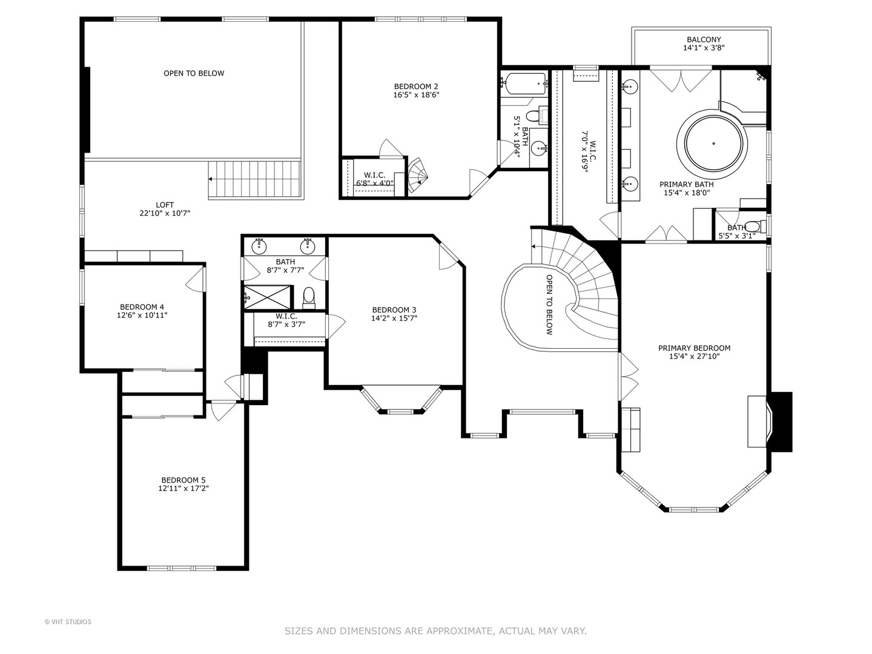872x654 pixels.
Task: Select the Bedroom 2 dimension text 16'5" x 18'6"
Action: point(416,95)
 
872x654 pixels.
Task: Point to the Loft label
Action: point(165,205)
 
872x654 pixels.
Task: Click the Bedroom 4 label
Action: point(142,307)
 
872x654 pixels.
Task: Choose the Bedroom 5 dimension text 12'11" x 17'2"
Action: point(183,489)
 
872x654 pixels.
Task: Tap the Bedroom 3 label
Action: point(394,309)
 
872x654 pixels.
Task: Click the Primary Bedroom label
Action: point(694,348)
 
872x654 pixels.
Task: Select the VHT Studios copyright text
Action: point(68,623)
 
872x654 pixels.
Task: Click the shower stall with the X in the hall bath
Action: point(268,297)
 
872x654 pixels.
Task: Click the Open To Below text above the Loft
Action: point(194,73)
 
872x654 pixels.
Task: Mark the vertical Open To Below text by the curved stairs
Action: point(549,305)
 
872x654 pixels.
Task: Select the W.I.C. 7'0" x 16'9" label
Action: point(589,152)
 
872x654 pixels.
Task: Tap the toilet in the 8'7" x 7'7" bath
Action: point(309,297)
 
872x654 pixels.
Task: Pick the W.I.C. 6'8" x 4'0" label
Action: point(375,179)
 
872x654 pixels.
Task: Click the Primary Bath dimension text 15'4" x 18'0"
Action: point(687,193)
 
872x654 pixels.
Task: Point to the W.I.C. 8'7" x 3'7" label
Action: point(286,320)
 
